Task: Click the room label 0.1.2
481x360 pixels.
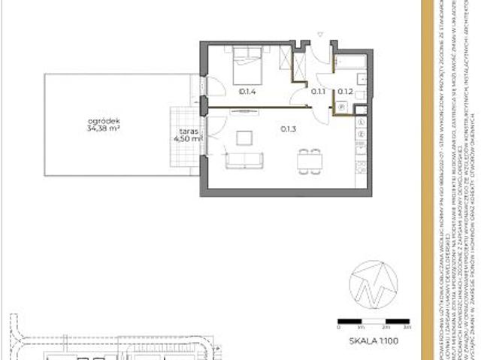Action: point(345,92)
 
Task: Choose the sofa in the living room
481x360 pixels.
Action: point(245,159)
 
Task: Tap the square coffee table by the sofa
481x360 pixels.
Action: point(245,138)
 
